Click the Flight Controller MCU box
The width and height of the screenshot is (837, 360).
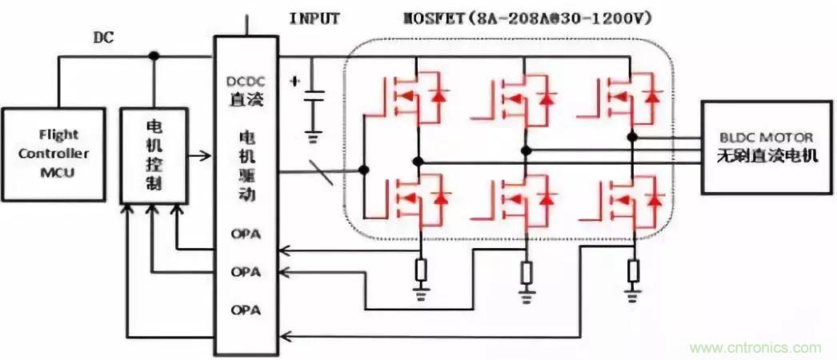[x=54, y=153]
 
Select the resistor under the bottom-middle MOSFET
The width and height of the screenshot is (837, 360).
[x=526, y=273]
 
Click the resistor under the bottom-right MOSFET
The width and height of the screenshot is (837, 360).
[x=634, y=271]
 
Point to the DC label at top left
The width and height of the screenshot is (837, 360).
[x=103, y=38]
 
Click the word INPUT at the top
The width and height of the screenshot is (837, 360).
[x=315, y=17]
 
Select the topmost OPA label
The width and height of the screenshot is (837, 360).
[x=245, y=234]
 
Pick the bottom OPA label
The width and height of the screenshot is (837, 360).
[x=245, y=308]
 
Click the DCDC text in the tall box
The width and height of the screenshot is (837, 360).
[x=246, y=82]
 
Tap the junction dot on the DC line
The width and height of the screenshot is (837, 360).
[x=154, y=55]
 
